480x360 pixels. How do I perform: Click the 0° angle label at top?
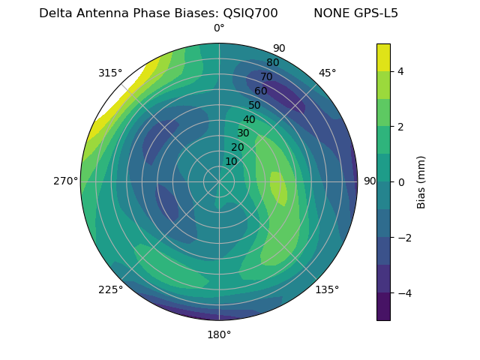point(219,28)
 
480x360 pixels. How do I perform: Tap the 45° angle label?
point(327,73)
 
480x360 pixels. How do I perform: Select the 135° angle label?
point(327,289)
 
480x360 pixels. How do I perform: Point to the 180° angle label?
point(219,334)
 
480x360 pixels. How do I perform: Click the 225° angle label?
point(110,289)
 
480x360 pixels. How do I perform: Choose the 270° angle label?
point(66,181)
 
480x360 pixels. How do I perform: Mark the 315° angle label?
point(110,73)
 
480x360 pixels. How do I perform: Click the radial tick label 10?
point(231,161)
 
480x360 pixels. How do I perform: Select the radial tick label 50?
point(254,106)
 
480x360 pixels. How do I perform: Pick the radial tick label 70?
point(266,77)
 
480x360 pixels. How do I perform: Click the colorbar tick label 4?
point(400,71)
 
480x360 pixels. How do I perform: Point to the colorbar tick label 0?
point(400,181)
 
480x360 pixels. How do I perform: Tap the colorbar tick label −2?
point(403,238)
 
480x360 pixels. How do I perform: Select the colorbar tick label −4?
point(403,293)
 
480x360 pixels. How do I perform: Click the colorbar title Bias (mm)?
point(421,182)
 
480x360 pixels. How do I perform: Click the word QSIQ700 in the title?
point(250,13)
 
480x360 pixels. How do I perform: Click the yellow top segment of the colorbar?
point(383,57)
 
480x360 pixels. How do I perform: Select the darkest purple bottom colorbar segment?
point(383,307)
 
